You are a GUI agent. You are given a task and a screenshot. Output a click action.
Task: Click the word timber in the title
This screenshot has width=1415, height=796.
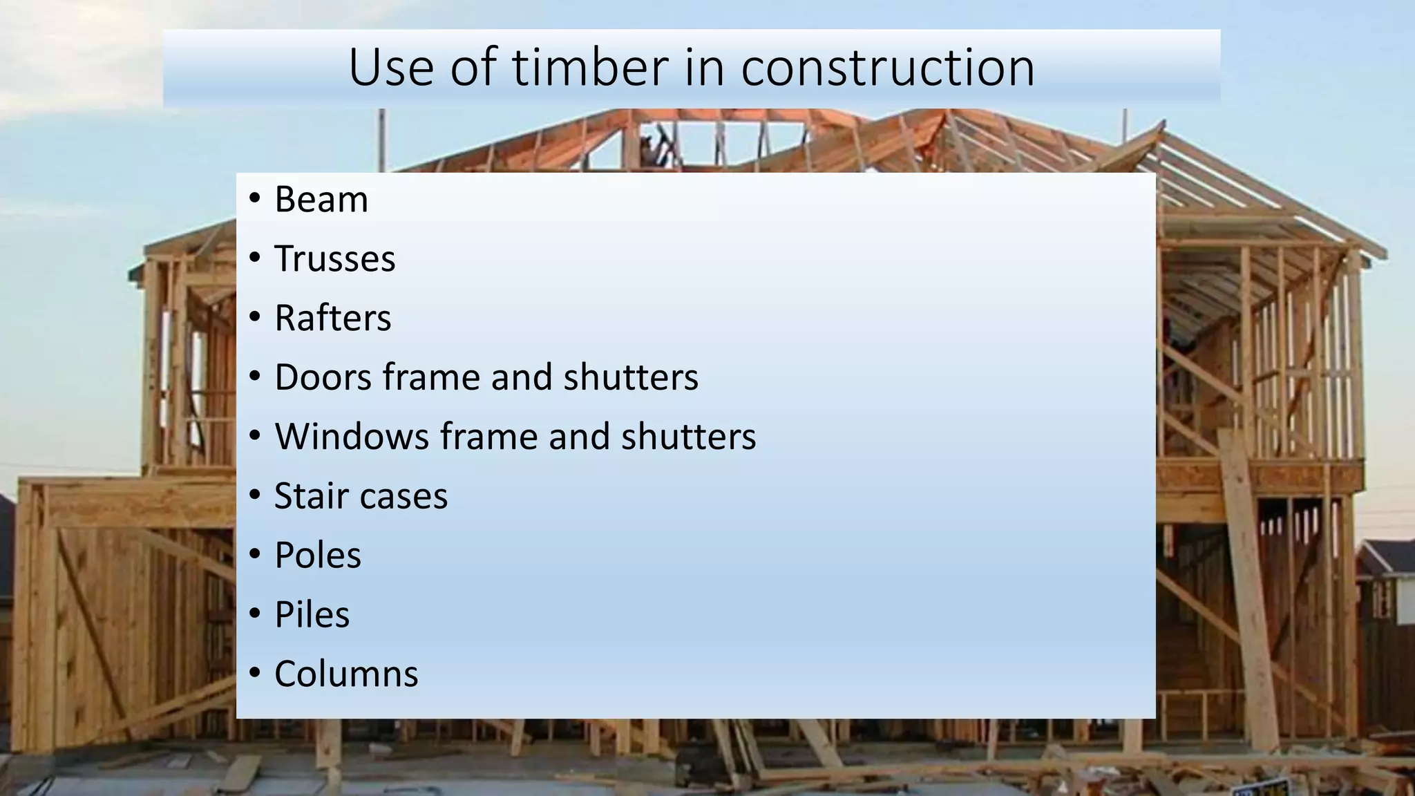coord(590,68)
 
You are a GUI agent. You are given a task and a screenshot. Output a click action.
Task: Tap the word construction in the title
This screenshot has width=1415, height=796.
coord(888,68)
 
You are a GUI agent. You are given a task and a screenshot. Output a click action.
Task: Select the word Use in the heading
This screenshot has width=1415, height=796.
coord(388,68)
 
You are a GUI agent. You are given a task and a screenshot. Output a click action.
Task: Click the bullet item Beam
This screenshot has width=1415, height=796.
coord(321,200)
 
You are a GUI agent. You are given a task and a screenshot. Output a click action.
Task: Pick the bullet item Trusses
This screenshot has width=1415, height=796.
coord(334,259)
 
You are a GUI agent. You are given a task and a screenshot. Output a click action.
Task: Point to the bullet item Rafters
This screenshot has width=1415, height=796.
coord(333,319)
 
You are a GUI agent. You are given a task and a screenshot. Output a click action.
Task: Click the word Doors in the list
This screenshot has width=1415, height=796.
coord(323,377)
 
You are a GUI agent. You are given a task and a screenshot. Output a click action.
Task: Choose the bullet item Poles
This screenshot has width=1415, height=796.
coord(318,556)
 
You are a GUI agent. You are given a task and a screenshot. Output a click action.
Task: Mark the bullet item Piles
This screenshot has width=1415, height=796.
coord(312,615)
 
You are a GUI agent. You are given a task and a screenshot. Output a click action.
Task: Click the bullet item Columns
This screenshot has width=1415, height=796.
coord(346,674)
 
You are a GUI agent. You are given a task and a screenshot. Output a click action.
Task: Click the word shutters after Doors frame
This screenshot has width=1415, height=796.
coord(631,377)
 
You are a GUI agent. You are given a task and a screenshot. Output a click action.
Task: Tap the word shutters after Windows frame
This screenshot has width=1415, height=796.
coord(688,437)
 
